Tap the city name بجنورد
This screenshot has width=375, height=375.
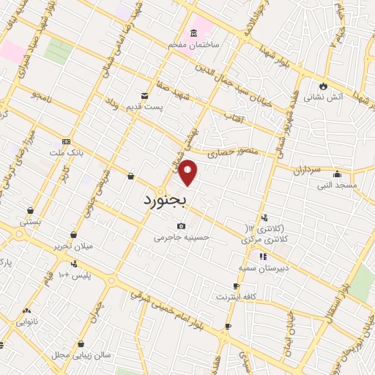165,199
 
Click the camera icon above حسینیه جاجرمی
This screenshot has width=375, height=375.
181,226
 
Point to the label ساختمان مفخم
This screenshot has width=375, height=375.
194,45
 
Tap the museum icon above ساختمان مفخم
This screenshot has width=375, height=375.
193,33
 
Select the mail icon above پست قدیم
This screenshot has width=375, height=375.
144,95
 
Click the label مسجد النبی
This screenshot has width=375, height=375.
336,186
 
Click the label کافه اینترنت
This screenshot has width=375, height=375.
236,297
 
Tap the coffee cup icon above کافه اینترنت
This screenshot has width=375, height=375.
236,286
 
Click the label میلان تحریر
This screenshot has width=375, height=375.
73,245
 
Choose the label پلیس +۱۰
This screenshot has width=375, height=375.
73,274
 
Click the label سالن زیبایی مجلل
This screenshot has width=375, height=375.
81,354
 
